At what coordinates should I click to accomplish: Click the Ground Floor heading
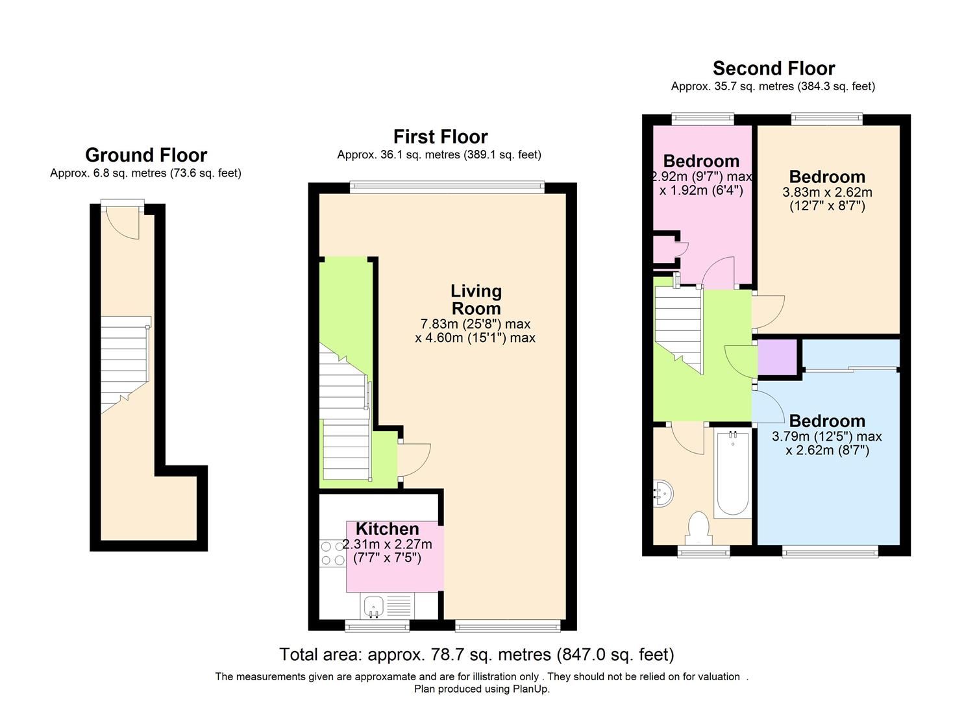pyautogui.click(x=146, y=155)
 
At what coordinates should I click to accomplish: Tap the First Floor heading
pyautogui.click(x=440, y=137)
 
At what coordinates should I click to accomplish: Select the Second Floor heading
pyautogui.click(x=773, y=68)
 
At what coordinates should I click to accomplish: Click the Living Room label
pyautogui.click(x=476, y=300)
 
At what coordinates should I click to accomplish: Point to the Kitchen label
pyautogui.click(x=387, y=528)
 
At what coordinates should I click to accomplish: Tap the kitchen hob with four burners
pyautogui.click(x=332, y=553)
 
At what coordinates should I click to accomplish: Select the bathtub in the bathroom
pyautogui.click(x=732, y=474)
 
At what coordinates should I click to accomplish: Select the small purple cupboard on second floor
pyautogui.click(x=777, y=357)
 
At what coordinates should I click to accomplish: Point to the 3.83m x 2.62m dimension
pyautogui.click(x=827, y=192)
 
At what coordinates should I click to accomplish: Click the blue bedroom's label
pyautogui.click(x=826, y=421)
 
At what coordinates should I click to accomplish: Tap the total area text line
pyautogui.click(x=476, y=654)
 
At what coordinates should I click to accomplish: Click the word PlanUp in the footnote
pyautogui.click(x=531, y=689)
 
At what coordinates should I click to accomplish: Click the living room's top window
pyautogui.click(x=447, y=187)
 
